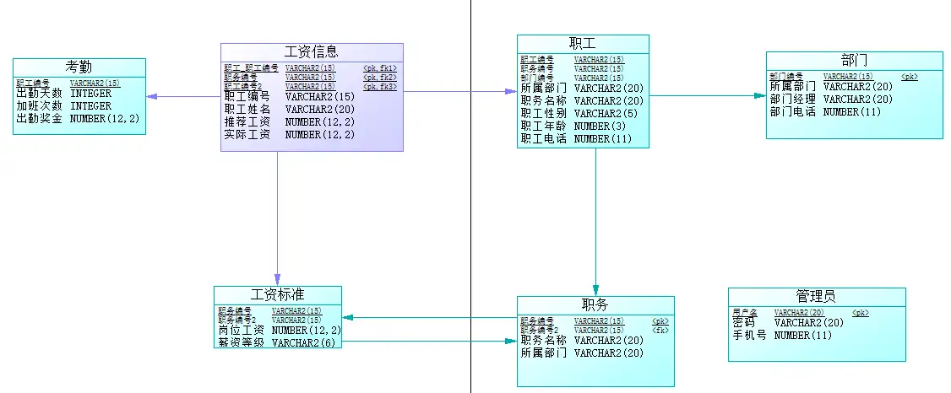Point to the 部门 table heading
coord(854,61)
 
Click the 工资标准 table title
coord(278,295)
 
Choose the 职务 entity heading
coord(595,305)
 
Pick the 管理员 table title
coord(816,296)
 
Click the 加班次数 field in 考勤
coord(39,106)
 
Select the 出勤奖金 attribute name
coord(39,119)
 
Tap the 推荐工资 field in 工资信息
coord(247,121)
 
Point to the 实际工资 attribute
coord(247,134)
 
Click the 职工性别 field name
coord(544,113)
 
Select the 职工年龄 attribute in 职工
coord(544,126)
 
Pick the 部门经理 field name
coord(792,99)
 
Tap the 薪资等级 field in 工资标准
coord(242,342)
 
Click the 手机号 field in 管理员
coord(749,335)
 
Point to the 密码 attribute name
coord(743,322)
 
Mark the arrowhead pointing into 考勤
coord(151,96)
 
